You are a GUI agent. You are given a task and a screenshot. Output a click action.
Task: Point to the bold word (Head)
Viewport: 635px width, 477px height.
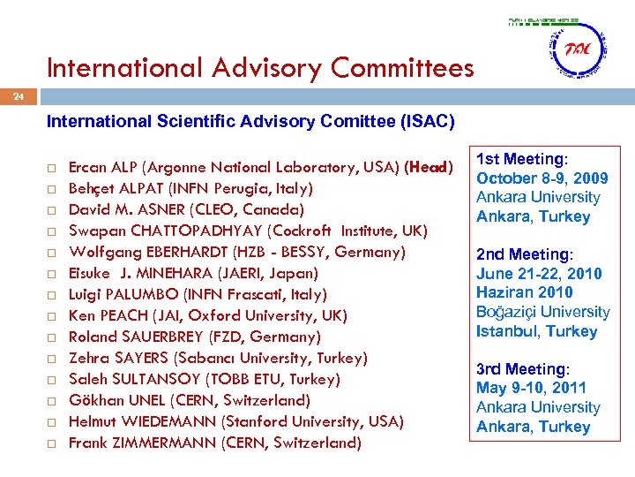(428, 167)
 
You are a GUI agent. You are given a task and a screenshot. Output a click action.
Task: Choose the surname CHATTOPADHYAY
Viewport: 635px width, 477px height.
(176, 231)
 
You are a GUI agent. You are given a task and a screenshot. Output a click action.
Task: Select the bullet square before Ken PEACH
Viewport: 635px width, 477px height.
(53, 315)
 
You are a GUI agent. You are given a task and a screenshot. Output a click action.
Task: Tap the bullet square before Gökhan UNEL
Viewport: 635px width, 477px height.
(53, 400)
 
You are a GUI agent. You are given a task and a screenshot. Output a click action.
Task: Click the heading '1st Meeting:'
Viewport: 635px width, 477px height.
(520, 159)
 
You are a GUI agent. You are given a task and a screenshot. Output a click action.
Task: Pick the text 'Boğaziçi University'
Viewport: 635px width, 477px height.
(543, 312)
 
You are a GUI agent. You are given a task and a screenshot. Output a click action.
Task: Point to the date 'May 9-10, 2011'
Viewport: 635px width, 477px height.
(531, 388)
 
